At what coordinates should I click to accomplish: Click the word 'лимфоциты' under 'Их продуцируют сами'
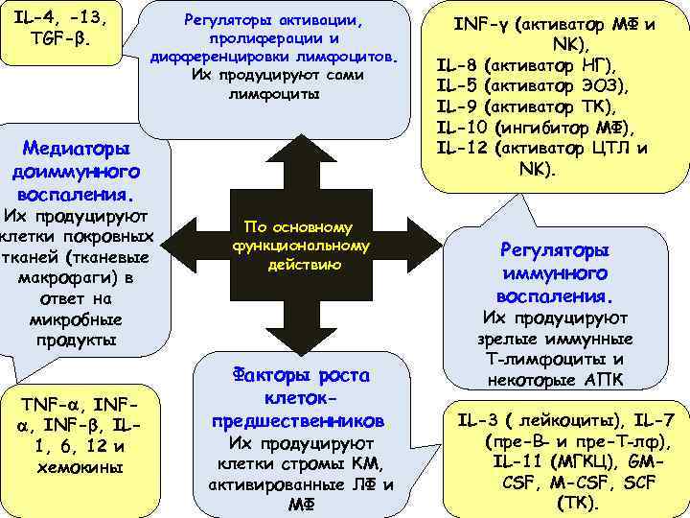coord(274,96)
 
